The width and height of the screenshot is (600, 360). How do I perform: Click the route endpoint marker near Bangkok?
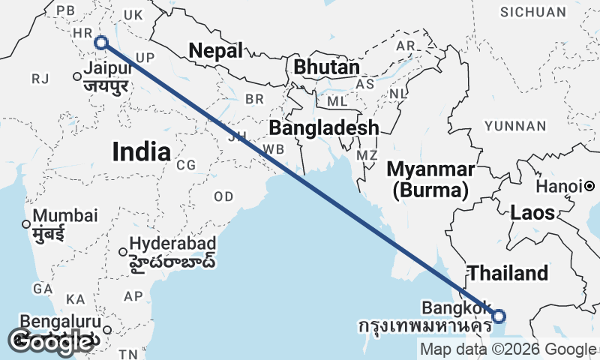point(499,316)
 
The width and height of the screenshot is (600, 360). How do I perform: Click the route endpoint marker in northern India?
point(101,43)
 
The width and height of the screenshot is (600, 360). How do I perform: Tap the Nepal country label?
point(216,51)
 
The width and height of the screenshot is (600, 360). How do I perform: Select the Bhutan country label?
point(327,67)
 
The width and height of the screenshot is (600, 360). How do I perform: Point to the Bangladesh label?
point(324,127)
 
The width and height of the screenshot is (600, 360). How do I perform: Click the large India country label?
point(141,152)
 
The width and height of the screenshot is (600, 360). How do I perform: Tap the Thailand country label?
point(508,273)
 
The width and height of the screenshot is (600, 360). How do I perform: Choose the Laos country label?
point(532,212)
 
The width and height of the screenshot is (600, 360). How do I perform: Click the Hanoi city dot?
point(590,186)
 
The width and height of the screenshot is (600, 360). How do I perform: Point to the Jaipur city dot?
point(76,76)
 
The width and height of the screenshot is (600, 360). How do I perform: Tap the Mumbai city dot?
point(26,223)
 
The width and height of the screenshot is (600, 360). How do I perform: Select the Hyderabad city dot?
point(123,251)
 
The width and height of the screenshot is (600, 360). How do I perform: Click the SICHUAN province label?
point(533,12)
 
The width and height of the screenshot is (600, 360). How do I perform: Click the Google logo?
point(51,342)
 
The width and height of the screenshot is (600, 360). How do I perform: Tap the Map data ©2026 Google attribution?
point(508,349)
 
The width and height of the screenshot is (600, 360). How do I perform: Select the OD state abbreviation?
point(223,196)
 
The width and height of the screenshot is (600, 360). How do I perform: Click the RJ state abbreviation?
point(40,79)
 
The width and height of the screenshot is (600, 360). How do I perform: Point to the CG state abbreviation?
point(186,165)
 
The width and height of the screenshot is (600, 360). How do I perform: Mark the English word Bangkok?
point(456,307)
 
